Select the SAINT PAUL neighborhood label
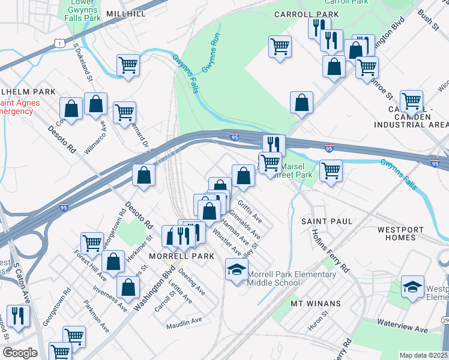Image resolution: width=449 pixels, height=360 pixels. coord(327,221)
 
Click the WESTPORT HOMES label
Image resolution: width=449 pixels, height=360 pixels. coord(405,233)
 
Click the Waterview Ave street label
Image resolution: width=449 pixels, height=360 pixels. coord(402,326)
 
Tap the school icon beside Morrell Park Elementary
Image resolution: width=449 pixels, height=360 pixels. coord(237,269)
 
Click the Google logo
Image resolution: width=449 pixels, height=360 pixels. coord(20,353)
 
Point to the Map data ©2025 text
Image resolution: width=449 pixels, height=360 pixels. coord(423,355)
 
